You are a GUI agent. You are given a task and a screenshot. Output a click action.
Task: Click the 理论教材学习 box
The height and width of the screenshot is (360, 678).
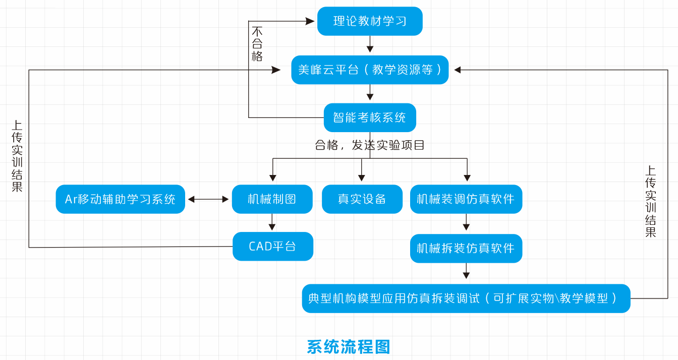[x=370, y=21]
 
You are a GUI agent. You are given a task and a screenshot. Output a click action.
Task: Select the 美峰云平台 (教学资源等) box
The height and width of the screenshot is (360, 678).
[x=370, y=70]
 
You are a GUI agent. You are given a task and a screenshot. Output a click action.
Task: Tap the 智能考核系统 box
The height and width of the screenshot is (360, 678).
[x=370, y=117]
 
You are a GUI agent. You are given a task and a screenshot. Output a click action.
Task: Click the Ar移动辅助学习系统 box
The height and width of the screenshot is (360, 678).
[x=120, y=199]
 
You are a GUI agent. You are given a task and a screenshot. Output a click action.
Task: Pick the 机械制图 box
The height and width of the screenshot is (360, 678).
[x=272, y=199]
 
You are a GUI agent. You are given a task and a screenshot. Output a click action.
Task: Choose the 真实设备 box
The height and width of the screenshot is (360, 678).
[x=362, y=199]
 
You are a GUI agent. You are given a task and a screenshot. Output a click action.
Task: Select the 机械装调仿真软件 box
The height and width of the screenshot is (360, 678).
[x=466, y=199]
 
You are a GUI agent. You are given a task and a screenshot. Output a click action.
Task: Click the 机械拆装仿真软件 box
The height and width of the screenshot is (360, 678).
[x=466, y=248]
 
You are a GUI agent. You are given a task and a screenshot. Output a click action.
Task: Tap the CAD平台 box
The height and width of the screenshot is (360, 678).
[x=272, y=246]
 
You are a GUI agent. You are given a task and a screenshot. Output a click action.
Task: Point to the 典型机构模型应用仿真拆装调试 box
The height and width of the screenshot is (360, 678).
[x=466, y=298]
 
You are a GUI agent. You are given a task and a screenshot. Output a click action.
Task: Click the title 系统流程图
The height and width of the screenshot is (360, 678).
[x=349, y=347]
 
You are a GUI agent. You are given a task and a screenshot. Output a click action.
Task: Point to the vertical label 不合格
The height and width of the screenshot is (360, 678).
[x=257, y=44]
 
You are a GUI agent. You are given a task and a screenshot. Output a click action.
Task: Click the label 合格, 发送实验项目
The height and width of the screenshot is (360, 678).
[x=370, y=145]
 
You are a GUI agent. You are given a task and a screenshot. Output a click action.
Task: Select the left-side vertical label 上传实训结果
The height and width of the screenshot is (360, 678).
[x=17, y=156]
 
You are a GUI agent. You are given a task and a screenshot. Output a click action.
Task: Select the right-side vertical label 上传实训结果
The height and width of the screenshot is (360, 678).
[x=651, y=202]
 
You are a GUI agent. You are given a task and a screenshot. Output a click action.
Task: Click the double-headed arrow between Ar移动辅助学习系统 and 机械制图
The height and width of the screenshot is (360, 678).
[x=208, y=199]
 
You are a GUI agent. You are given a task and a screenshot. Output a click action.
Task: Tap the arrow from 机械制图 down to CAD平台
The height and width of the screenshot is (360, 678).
[x=272, y=222]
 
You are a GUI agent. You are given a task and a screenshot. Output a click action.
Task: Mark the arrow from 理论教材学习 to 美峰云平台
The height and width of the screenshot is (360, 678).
[x=370, y=44]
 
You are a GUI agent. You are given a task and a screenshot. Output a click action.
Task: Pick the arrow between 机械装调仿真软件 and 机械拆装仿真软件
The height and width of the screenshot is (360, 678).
[x=466, y=222]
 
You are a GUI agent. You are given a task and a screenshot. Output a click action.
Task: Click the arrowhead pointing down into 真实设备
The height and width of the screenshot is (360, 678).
[x=362, y=177]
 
